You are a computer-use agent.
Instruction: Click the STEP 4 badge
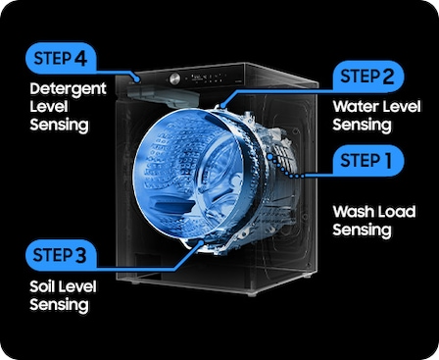61,59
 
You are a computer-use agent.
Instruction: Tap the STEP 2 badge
368,77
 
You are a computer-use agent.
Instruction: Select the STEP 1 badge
368,161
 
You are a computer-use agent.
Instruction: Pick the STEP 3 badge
61,255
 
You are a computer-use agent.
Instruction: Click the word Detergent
68,89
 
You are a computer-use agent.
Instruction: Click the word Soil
41,286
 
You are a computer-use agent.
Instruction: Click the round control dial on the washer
174,78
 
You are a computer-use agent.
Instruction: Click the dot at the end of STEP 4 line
138,78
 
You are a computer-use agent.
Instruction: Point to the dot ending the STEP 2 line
222,106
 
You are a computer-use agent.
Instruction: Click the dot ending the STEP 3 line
201,242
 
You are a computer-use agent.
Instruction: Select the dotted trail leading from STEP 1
285,167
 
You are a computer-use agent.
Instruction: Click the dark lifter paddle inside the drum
173,206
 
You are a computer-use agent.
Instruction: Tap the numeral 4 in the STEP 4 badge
80,59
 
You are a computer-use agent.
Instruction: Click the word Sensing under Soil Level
59,305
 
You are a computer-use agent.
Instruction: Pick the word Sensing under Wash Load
362,230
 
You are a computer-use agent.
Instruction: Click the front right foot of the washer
252,293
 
